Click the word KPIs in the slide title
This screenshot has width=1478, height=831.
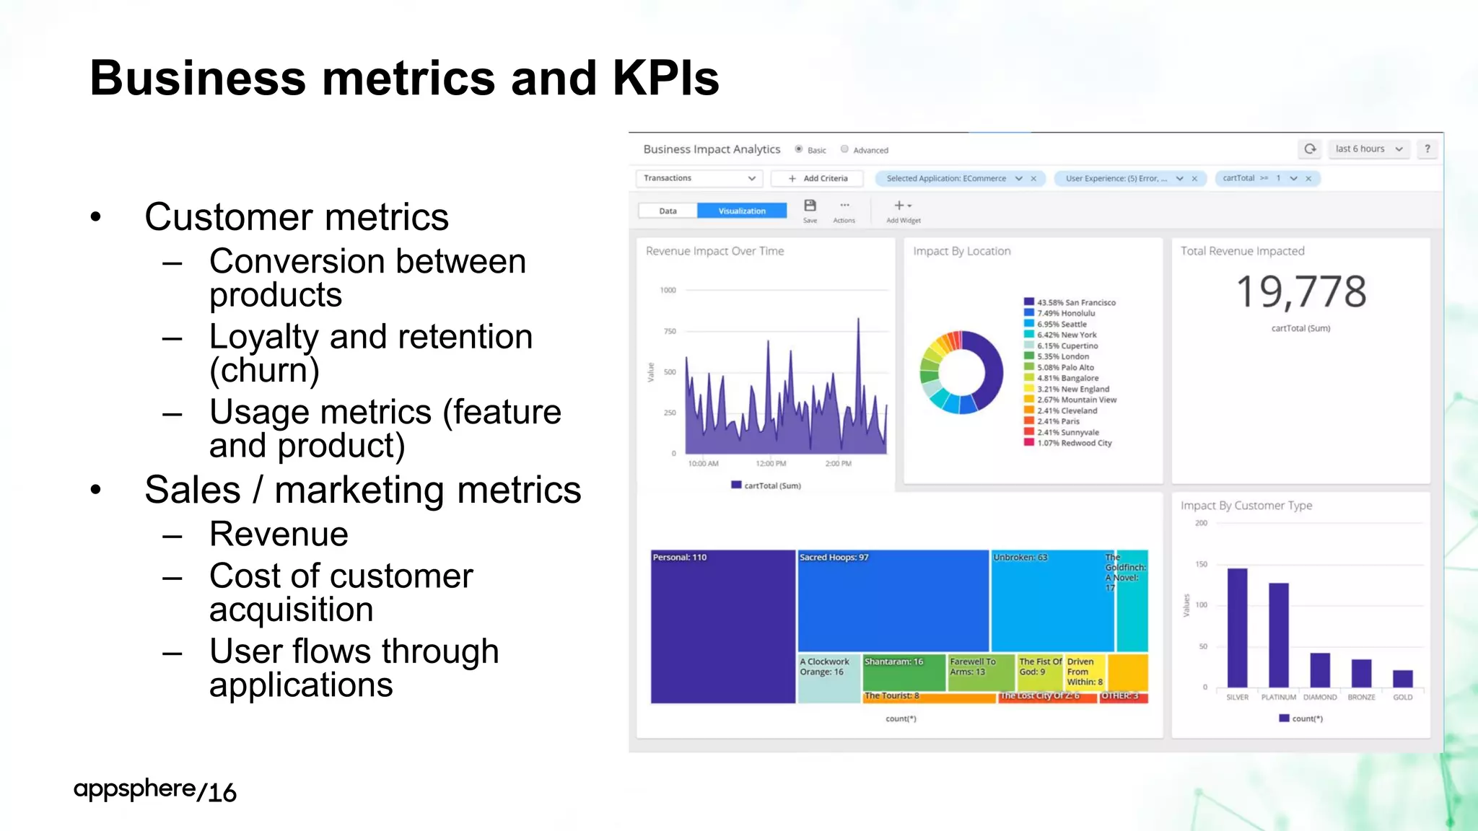click(665, 78)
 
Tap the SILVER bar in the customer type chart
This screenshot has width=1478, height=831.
click(1237, 628)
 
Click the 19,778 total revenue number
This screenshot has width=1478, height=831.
click(1301, 292)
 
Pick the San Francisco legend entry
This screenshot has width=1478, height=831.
click(1076, 302)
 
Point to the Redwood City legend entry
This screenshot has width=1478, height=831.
click(1074, 443)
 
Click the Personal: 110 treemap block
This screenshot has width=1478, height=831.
click(722, 626)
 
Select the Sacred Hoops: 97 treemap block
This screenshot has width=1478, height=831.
click(893, 601)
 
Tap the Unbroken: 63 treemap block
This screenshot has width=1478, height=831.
click(1051, 601)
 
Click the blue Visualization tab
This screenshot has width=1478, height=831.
click(742, 211)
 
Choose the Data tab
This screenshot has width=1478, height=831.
click(668, 211)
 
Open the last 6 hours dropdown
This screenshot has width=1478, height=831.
click(1368, 149)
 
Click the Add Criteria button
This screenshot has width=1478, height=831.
click(818, 178)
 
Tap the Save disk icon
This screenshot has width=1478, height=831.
click(810, 206)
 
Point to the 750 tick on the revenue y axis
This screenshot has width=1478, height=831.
click(670, 331)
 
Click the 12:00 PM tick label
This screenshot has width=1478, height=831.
click(771, 463)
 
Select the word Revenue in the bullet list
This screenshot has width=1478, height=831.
click(279, 535)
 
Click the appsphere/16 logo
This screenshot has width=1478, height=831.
click(155, 790)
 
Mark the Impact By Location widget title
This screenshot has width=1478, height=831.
click(961, 251)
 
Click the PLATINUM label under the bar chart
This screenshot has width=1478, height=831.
click(1278, 698)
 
